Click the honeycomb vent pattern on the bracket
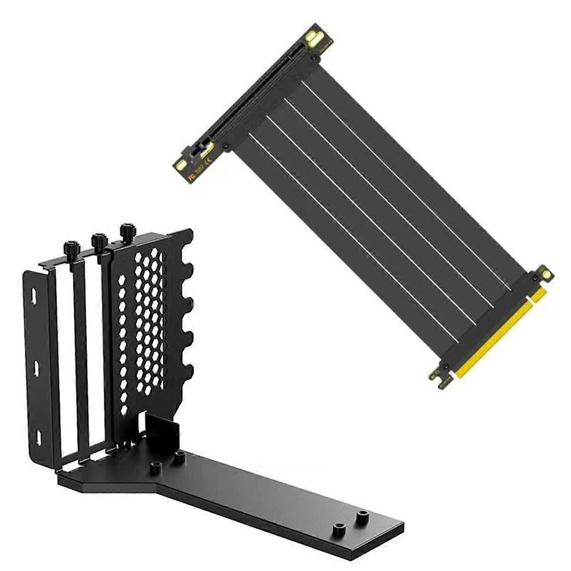[x=143, y=324]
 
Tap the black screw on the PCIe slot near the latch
[x=226, y=146]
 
